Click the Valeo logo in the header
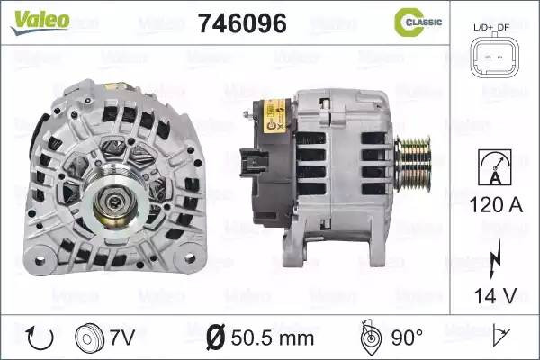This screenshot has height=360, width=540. coord(40,22)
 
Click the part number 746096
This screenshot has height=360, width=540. coord(242,23)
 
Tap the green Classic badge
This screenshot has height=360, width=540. coord(418,22)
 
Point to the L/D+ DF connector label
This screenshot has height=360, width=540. coord(491,28)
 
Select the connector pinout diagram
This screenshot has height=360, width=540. coord(495,56)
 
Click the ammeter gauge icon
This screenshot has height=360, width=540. coord(495,167)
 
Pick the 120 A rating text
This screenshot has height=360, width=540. coord(496,205)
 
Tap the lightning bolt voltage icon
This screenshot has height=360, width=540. coord(495,258)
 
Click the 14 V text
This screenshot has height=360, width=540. coord(496,295)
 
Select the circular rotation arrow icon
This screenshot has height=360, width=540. coord(40,337)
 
